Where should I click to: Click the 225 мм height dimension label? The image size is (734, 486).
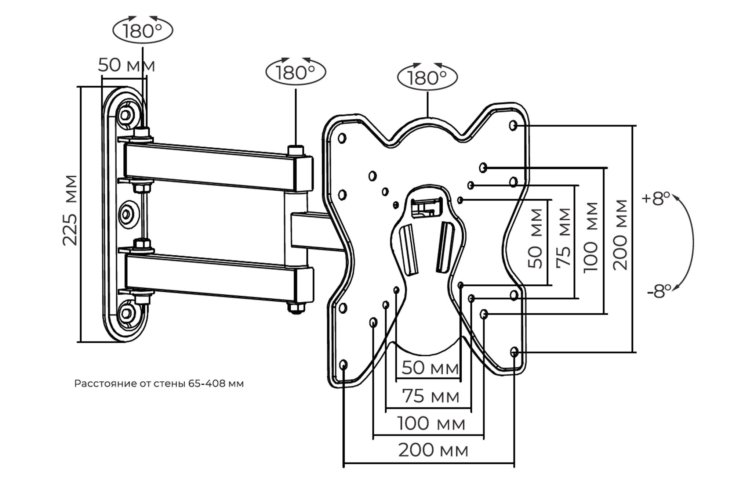tap(70, 210)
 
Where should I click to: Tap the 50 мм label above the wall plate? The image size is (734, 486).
tap(127, 65)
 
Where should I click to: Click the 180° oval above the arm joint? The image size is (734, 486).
tap(296, 72)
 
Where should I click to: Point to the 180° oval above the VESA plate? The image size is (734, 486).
tap(428, 78)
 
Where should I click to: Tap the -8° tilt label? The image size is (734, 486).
tap(659, 292)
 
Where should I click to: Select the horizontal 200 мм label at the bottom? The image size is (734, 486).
tap(433, 450)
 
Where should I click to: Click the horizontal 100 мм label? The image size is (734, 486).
tap(431, 424)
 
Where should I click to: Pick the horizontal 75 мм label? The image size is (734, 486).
tap(431, 396)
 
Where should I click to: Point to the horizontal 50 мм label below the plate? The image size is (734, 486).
tap(430, 368)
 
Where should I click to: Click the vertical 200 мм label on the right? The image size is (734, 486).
tap(620, 235)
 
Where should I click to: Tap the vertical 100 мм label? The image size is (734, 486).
tap(591, 237)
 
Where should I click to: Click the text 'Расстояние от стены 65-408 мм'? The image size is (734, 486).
tap(159, 384)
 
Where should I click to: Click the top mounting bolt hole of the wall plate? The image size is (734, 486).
tap(126, 115)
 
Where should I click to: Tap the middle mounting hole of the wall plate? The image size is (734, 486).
tap(127, 214)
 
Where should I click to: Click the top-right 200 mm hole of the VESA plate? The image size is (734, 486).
tap(513, 125)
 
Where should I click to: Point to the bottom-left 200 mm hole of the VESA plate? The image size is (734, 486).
tap(344, 365)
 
